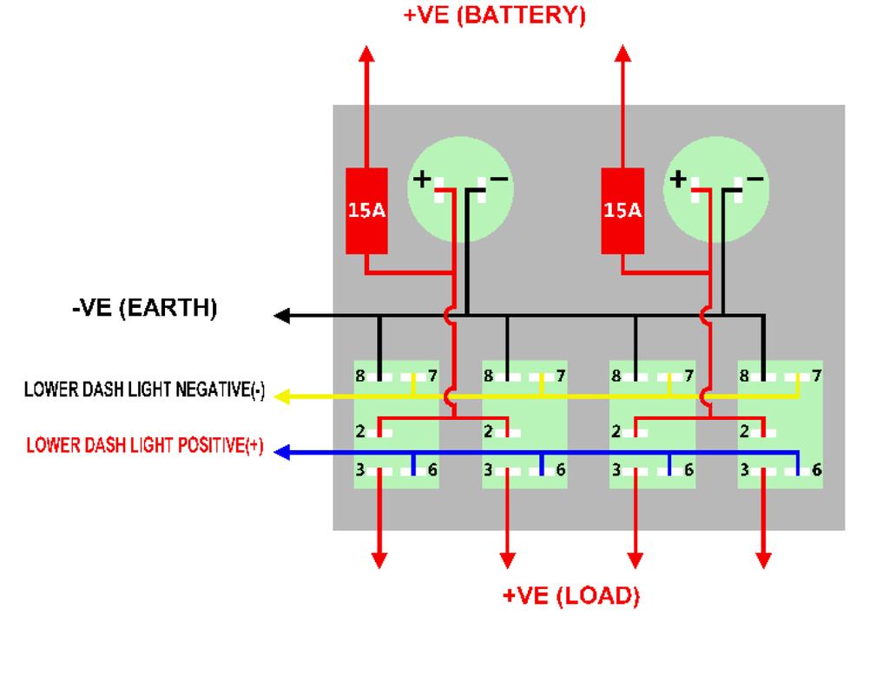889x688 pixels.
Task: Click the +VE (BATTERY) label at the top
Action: [x=494, y=15]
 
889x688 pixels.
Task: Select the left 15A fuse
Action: [x=366, y=211]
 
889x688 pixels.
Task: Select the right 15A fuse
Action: [x=622, y=211]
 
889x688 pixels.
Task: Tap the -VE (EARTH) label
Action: [x=144, y=308]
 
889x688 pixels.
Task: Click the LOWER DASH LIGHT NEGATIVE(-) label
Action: [x=144, y=390]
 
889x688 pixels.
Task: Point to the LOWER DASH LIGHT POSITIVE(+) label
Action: [x=145, y=446]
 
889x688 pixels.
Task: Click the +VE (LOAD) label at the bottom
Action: [x=570, y=596]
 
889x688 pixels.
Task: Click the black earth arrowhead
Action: [x=282, y=316]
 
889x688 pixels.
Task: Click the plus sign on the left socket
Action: [x=422, y=180]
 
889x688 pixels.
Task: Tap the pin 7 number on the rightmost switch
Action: [x=816, y=376]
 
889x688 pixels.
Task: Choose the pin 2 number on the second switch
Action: [x=489, y=431]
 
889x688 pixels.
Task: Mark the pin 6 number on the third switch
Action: [x=688, y=469]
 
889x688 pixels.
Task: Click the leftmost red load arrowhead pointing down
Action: [x=379, y=560]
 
